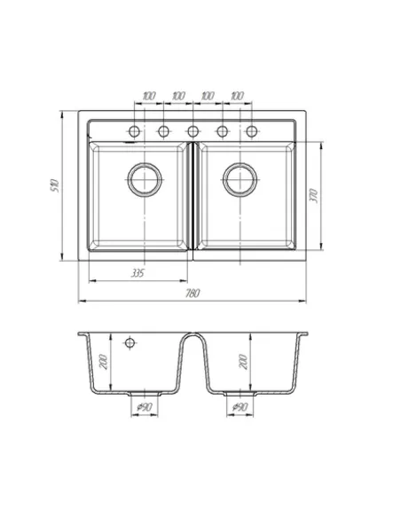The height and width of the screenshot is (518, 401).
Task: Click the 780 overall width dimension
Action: (193, 293)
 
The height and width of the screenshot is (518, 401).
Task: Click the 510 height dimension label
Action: (54, 185)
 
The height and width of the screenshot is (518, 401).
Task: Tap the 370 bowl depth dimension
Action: (314, 196)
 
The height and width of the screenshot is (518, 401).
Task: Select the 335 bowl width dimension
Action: (138, 273)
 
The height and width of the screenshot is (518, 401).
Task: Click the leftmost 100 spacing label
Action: (149, 96)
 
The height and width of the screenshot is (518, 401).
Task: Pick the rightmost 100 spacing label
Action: (237, 96)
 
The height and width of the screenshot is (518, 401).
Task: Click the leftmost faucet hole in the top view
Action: (135, 131)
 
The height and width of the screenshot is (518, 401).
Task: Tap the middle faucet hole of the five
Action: (193, 131)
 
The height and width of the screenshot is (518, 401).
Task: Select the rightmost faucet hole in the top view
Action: (252, 131)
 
